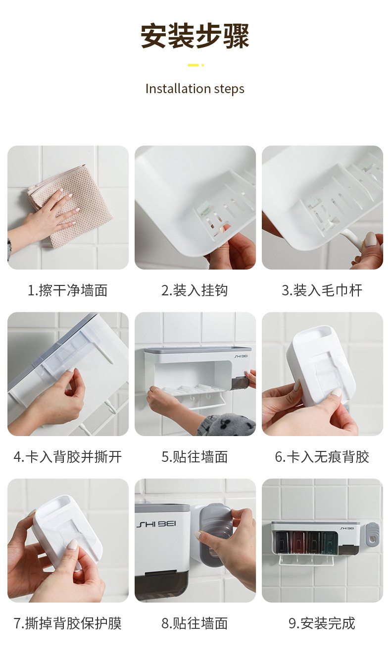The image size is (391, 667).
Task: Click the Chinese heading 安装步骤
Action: pos(195,36)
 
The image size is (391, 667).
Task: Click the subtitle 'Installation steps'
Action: pos(195,89)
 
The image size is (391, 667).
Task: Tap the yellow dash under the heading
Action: pos(194,65)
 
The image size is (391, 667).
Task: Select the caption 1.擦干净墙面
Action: pos(68,290)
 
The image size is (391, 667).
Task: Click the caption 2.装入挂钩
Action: pos(195,290)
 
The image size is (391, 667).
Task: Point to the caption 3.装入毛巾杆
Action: pos(322,290)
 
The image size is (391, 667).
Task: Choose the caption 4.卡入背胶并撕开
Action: pos(68,457)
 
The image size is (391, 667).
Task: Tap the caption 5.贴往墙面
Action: pos(195,457)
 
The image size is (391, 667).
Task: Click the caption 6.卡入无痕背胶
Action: pos(322,457)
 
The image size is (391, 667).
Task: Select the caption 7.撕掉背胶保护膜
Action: pos(68,623)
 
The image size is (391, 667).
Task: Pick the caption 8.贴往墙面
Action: pos(195,623)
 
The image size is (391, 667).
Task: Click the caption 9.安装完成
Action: pos(322,623)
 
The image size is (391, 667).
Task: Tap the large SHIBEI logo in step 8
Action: pos(156,524)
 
